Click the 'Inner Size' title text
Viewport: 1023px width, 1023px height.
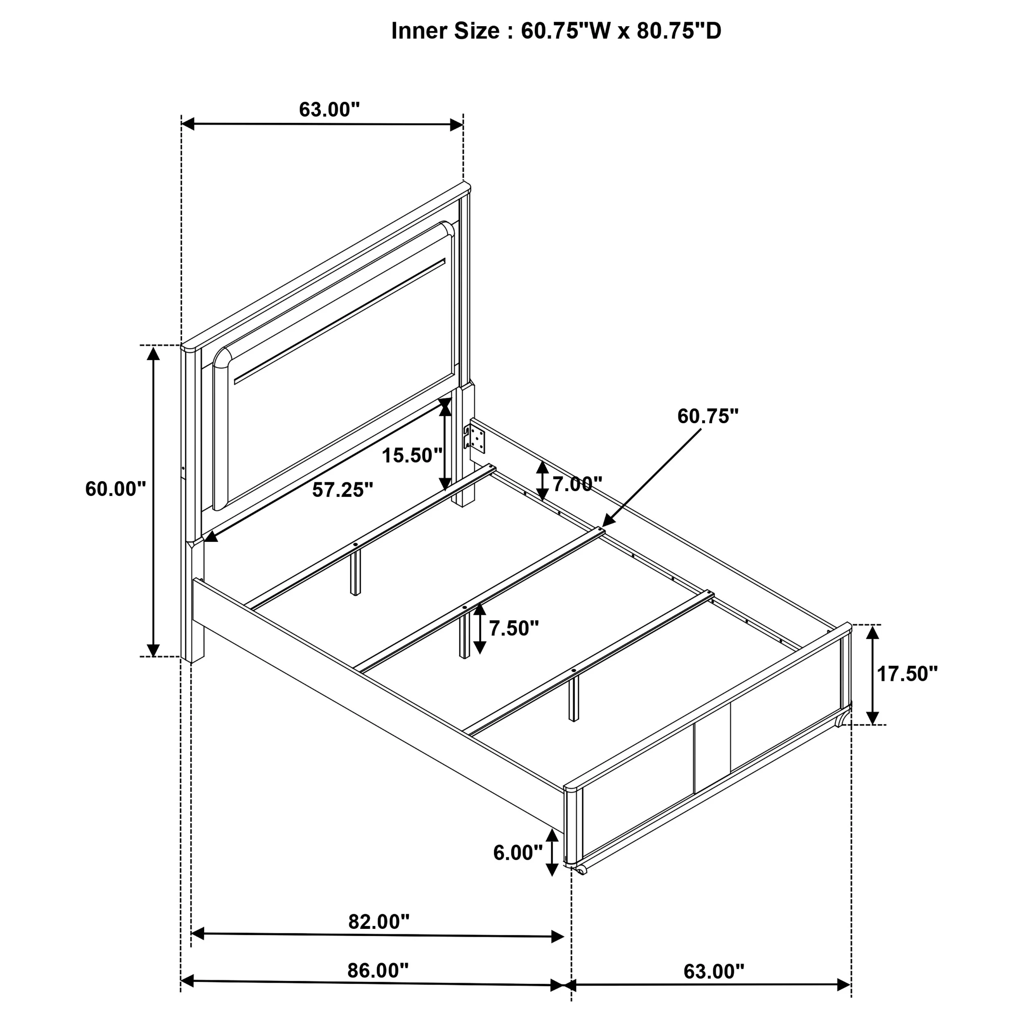point(452,31)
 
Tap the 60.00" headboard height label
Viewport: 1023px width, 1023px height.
point(115,489)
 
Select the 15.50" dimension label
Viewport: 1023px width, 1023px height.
point(412,455)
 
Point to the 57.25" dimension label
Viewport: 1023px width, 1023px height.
point(343,490)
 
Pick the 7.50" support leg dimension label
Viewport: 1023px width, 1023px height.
point(514,628)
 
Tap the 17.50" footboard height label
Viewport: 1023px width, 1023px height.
point(908,674)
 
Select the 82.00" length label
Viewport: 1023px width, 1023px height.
point(379,922)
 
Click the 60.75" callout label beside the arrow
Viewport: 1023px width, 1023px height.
point(708,416)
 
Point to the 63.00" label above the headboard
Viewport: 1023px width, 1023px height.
point(329,110)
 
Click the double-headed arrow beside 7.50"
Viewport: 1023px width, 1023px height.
point(480,629)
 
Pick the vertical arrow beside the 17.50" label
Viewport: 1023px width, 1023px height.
point(873,675)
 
